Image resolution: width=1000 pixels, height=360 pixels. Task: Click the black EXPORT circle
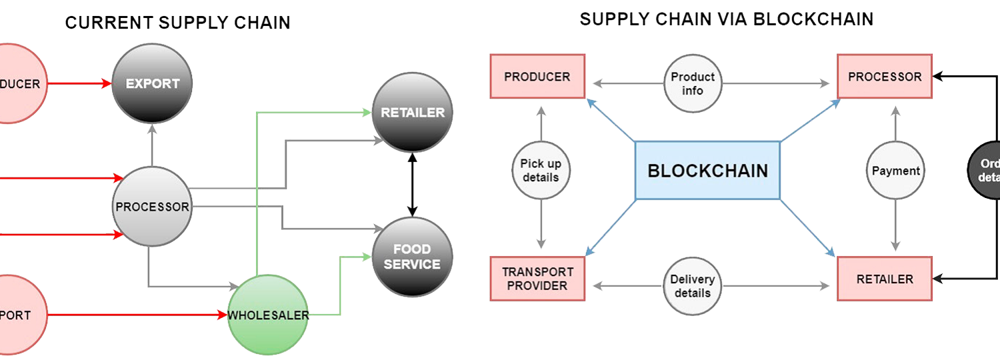153,83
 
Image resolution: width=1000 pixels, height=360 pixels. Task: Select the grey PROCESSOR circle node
153,207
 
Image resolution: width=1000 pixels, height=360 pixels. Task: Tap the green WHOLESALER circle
269,315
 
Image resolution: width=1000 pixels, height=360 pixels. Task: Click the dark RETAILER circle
413,112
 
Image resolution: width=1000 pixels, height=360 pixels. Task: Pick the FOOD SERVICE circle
413,257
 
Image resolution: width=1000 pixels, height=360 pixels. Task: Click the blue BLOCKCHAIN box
707,171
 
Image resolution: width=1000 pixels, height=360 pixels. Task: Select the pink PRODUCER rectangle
537,77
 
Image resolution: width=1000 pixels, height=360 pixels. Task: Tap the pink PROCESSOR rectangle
885,77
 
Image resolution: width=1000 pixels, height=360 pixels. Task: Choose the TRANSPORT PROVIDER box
537,279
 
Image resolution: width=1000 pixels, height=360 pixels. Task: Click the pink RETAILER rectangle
885,279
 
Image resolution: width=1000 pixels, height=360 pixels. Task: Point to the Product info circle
693,84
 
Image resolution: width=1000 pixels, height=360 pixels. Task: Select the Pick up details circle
541,171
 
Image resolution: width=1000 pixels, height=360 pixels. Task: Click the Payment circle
895,171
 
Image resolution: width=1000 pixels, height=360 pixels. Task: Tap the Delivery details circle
693,287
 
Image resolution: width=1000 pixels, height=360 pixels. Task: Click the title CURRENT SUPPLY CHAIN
177,23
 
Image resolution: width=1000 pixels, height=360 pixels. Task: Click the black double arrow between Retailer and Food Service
413,185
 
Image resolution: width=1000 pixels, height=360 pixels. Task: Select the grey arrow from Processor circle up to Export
153,145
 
